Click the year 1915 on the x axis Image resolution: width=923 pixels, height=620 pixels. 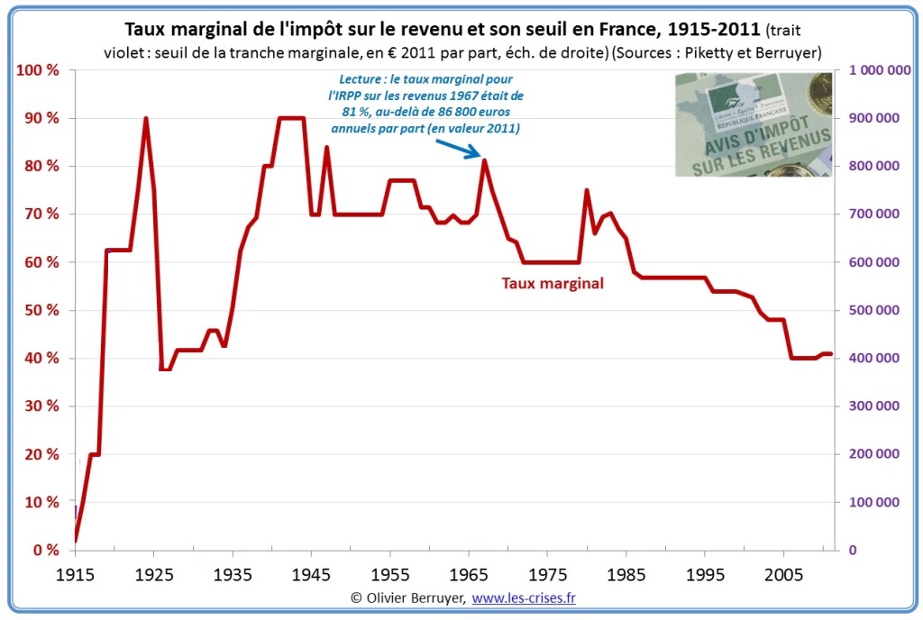pyautogui.click(x=75, y=574)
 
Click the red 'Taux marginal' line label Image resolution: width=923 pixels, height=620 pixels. pyautogui.click(x=553, y=283)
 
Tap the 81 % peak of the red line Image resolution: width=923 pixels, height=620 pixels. pyautogui.click(x=485, y=161)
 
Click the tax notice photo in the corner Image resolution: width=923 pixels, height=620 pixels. pyautogui.click(x=754, y=123)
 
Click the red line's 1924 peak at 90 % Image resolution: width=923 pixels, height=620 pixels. pyautogui.click(x=146, y=119)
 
